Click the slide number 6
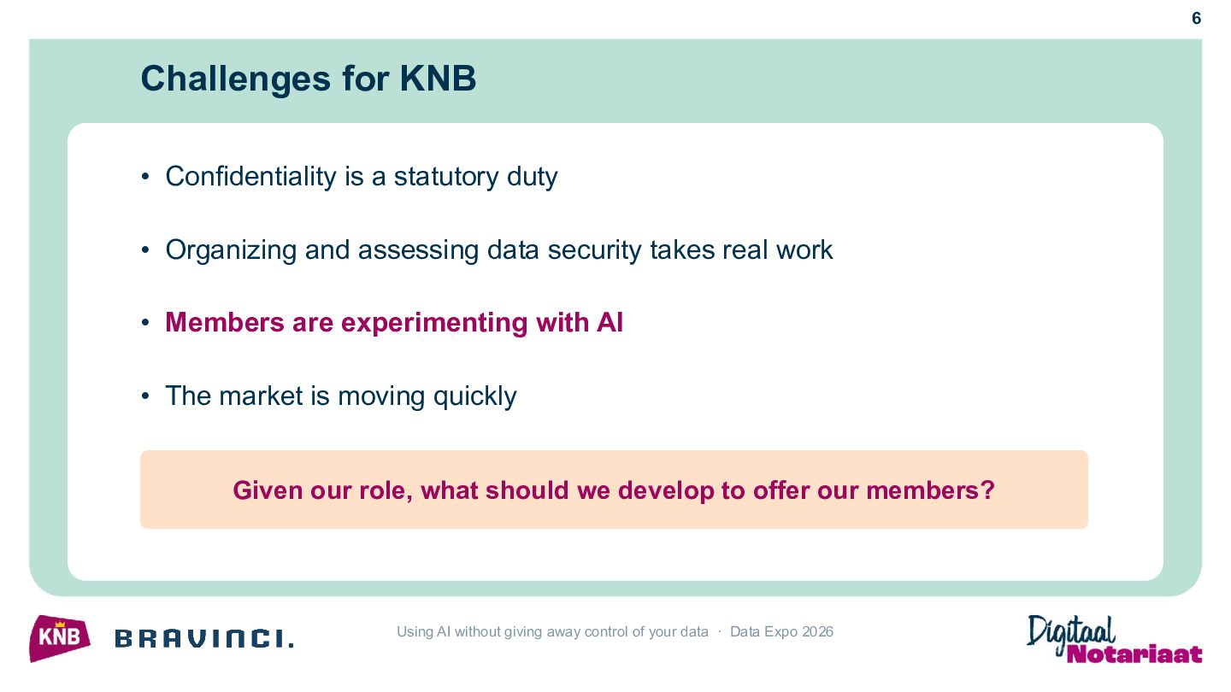(x=1197, y=19)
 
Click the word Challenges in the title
(x=236, y=79)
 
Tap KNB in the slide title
(x=438, y=78)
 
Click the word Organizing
(x=231, y=251)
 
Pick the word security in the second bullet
(x=594, y=251)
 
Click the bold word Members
(x=225, y=322)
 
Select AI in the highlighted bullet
(x=610, y=322)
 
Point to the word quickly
(x=474, y=397)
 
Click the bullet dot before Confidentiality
(x=145, y=177)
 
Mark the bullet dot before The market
(x=145, y=396)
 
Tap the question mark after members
(x=988, y=490)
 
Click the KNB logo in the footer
(x=59, y=639)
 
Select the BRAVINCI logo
(x=203, y=639)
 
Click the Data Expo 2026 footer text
(x=781, y=631)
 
